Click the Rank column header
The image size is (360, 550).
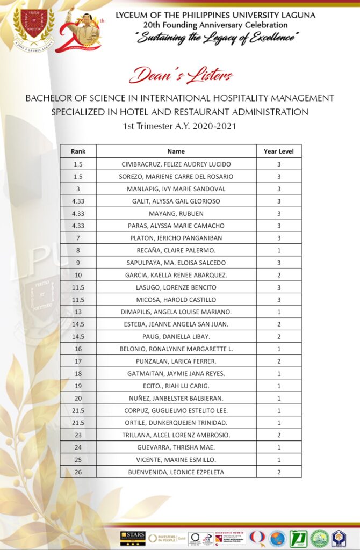click(x=78, y=151)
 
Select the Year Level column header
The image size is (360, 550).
click(x=278, y=151)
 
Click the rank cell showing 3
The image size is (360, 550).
click(x=78, y=189)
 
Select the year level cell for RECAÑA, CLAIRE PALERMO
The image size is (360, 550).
click(x=278, y=250)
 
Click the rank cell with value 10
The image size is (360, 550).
click(x=78, y=275)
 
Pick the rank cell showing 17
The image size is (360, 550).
click(x=78, y=361)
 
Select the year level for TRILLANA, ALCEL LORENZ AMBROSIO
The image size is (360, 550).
click(x=278, y=435)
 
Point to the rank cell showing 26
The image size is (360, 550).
click(x=78, y=472)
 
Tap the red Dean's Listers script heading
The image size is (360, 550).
click(x=181, y=75)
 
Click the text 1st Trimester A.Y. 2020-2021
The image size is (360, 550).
click(x=179, y=126)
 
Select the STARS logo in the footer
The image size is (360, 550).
click(x=132, y=538)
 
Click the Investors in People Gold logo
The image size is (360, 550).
click(x=167, y=538)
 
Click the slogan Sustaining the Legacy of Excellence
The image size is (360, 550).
click(x=218, y=38)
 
